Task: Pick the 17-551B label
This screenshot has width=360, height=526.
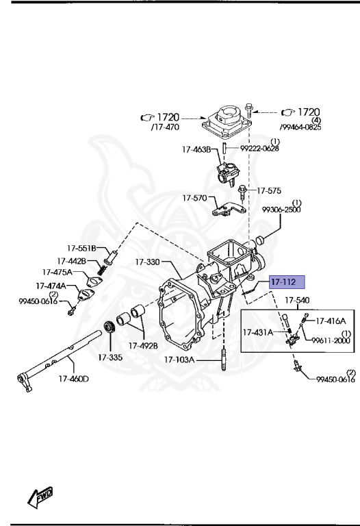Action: pos(81,248)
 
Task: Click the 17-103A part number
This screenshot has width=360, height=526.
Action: pos(179,360)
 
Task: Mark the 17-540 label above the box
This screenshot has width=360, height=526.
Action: pos(296,301)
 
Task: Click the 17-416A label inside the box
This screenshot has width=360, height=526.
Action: pos(330,320)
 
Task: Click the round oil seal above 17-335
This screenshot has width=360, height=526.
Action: pos(109,326)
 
